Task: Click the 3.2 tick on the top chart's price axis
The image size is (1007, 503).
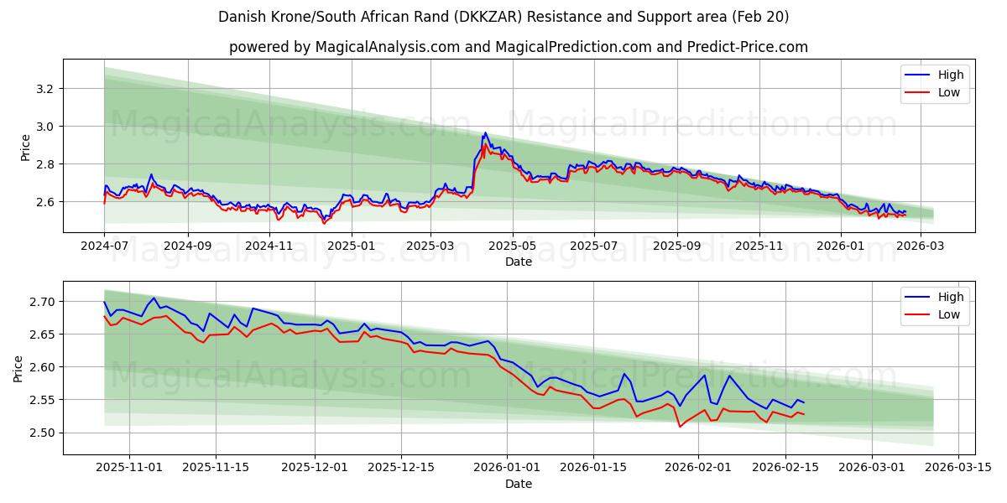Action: point(44,88)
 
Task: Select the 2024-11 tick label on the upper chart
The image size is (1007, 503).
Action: point(269,246)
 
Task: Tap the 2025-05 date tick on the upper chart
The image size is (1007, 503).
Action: point(512,246)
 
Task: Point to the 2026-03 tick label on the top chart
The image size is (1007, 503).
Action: point(921,246)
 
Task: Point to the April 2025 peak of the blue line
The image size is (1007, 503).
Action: point(485,132)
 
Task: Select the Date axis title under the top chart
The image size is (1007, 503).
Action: point(519,262)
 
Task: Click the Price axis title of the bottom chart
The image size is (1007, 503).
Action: point(18,367)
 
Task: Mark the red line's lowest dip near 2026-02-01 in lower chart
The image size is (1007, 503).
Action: point(680,427)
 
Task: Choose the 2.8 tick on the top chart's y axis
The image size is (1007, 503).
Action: point(44,164)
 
